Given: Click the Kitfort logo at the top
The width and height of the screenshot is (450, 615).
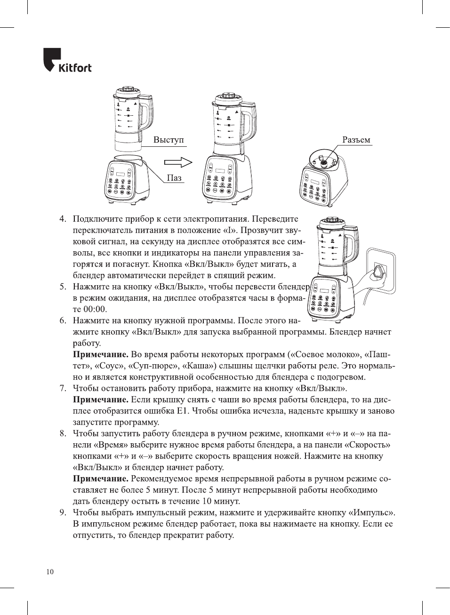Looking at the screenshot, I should (x=67, y=61).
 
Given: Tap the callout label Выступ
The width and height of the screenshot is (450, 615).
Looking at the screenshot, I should (x=168, y=140).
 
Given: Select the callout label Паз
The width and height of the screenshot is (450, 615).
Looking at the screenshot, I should (x=174, y=178).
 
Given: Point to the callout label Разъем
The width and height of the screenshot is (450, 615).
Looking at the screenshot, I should (x=356, y=140).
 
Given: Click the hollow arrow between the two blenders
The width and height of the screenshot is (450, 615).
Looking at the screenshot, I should (x=178, y=162).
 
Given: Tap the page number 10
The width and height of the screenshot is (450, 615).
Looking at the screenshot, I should (x=50, y=572).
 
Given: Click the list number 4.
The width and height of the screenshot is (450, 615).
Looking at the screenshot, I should (x=63, y=219).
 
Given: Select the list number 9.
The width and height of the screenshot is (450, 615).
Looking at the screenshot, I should (x=63, y=512).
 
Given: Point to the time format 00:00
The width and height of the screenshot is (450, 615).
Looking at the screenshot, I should (x=95, y=309).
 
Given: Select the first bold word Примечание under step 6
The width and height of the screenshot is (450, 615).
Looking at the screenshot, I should (x=100, y=354).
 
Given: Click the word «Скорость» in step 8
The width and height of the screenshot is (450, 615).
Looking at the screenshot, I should (x=367, y=445).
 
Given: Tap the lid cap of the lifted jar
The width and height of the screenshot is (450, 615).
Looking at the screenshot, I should (x=126, y=89).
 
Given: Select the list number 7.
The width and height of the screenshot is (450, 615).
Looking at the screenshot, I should (x=63, y=388).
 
